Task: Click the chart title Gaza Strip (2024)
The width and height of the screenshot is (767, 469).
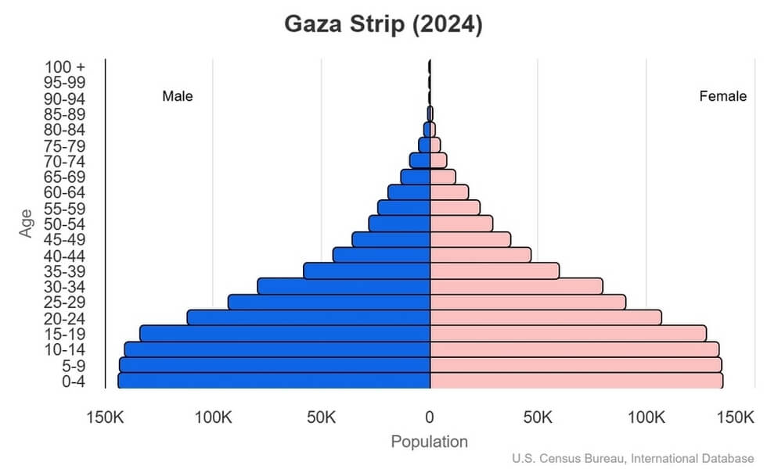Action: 383,24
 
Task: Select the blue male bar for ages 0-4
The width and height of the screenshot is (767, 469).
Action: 274,381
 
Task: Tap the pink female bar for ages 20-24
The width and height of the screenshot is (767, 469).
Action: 546,317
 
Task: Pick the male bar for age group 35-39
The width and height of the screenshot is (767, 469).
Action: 367,270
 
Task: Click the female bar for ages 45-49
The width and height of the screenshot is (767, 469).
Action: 470,239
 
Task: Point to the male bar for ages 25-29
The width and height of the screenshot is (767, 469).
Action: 329,302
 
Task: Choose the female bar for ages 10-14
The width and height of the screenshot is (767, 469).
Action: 574,349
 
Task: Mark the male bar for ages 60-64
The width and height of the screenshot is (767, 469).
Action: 409,192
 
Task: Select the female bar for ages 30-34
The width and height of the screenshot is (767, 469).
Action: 517,286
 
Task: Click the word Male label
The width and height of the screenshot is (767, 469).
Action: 178,97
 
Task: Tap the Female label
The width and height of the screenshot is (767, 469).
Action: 722,97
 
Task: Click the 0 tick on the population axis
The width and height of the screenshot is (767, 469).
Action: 430,417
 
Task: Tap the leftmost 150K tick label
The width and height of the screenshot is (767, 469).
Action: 105,417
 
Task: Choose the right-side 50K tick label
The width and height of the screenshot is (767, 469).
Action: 538,417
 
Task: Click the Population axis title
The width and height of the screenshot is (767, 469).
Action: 429,442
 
